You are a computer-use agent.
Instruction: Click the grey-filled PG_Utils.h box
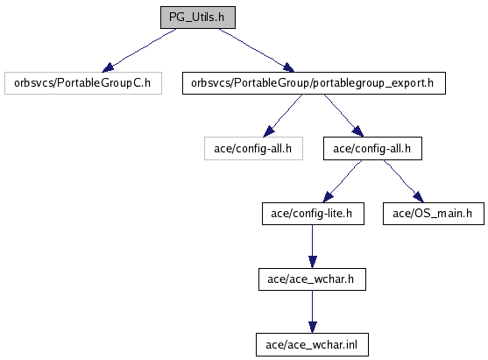point(198,18)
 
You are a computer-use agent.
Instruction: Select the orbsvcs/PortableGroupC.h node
point(83,83)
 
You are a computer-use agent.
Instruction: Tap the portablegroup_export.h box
point(314,83)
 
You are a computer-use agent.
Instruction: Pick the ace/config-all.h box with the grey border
point(253,149)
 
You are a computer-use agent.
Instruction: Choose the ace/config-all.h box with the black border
point(372,149)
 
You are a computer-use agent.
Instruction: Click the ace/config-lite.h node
point(313,214)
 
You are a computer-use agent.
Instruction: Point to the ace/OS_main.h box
point(433,214)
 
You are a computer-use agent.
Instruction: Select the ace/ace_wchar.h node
point(312,279)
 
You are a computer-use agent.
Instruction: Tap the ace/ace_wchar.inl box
point(312,345)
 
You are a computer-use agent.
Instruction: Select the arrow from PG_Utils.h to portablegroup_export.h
point(257,50)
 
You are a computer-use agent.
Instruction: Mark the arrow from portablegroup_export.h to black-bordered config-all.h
point(343,116)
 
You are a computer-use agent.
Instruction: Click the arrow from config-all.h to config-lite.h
point(343,181)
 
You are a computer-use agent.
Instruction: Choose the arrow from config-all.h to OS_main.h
point(403,181)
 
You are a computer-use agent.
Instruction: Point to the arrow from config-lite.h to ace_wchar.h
point(313,246)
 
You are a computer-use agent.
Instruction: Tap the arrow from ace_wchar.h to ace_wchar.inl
point(313,312)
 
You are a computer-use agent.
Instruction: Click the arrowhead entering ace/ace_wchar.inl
point(313,328)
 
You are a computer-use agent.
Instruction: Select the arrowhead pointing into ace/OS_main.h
point(419,197)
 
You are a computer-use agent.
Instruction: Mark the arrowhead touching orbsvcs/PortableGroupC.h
point(108,67)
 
